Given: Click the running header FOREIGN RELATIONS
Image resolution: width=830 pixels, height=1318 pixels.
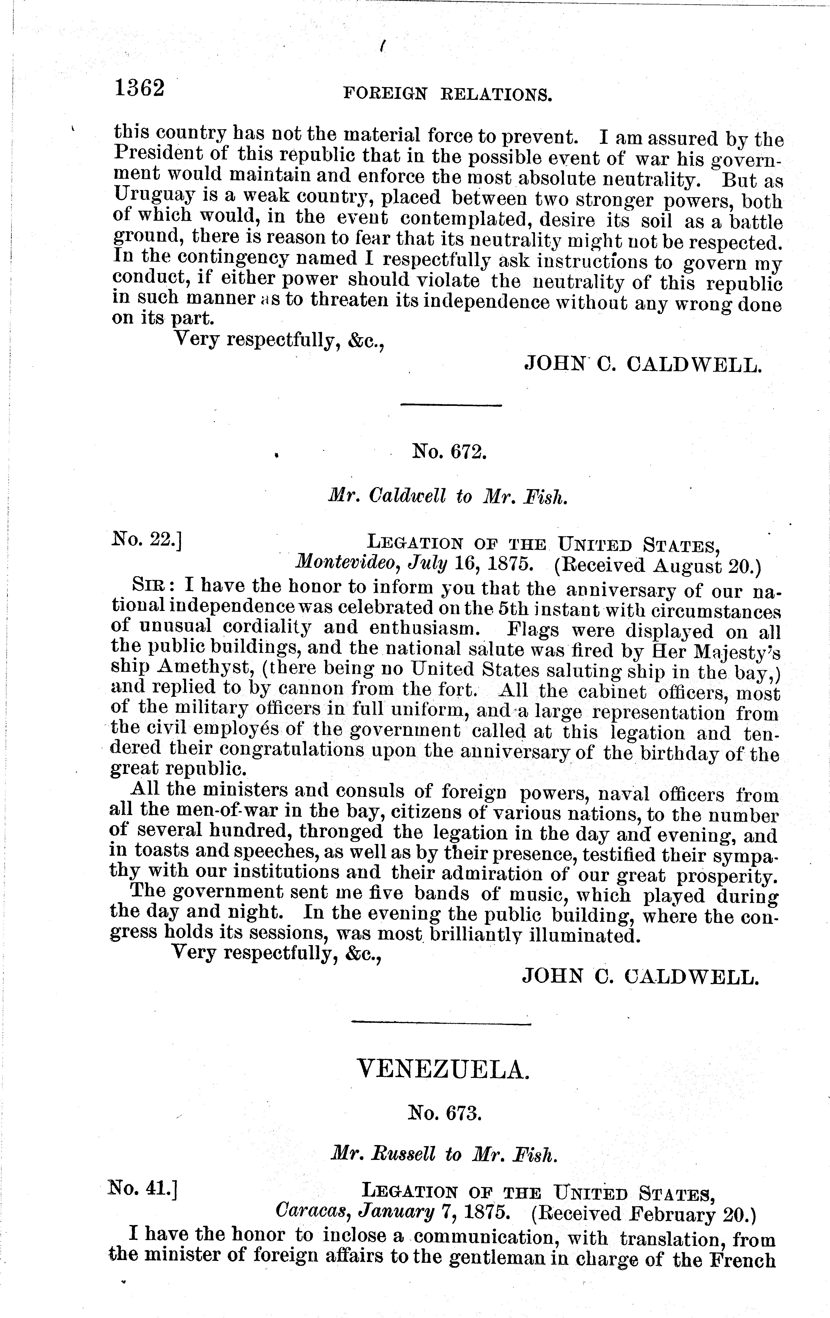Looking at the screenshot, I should coord(447,95).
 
